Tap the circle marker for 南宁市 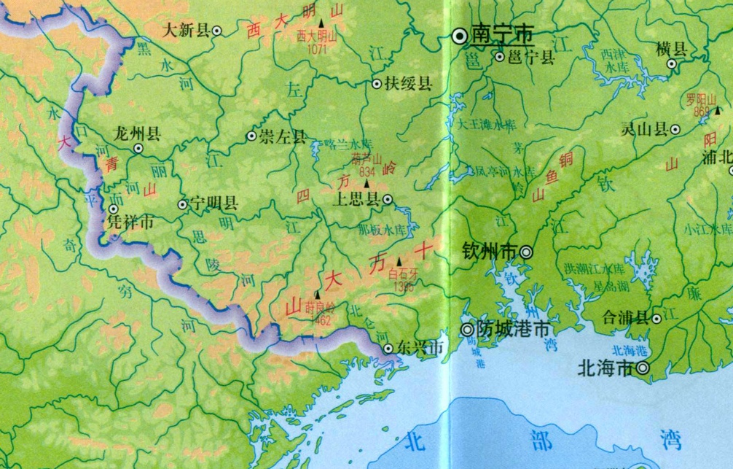[x=460, y=35]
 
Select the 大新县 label [x=186, y=31]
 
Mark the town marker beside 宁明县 [x=183, y=205]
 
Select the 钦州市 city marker [x=526, y=252]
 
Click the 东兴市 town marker [x=388, y=349]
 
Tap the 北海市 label [x=604, y=368]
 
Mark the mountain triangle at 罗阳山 [x=718, y=110]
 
